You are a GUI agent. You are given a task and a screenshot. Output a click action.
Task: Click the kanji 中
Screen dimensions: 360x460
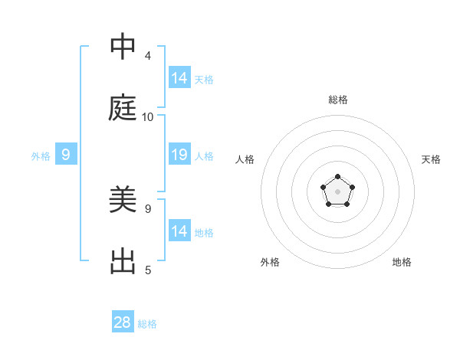123,48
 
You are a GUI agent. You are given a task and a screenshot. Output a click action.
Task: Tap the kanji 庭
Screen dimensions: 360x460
123,110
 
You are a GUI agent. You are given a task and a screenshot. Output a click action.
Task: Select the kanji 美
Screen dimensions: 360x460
123,201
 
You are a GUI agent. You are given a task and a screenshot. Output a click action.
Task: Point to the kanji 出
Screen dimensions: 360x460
123,262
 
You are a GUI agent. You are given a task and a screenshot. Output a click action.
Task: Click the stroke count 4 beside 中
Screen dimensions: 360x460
148,56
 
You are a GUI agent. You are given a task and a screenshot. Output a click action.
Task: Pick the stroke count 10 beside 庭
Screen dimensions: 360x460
148,117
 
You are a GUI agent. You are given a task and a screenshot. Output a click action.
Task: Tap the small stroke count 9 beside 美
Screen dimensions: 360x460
148,208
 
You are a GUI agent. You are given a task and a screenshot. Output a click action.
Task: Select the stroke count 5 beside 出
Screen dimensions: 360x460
148,270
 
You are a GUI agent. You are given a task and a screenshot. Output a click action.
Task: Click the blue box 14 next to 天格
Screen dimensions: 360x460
179,77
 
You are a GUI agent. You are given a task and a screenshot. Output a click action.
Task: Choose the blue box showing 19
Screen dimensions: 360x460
179,155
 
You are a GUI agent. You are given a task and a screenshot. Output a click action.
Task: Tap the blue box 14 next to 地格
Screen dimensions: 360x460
179,231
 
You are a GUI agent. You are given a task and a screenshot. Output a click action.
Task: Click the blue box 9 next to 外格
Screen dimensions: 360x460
66,155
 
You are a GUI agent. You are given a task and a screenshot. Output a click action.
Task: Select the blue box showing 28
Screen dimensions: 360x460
123,322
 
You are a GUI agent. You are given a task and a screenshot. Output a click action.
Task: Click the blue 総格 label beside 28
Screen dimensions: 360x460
147,324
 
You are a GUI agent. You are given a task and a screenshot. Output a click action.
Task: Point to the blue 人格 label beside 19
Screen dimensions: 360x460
204,156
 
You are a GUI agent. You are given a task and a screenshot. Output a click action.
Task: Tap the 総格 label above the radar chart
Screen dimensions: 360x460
338,100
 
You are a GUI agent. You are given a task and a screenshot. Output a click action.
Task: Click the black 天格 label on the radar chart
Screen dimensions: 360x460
431,159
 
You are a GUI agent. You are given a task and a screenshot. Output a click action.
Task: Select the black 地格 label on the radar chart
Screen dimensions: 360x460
402,262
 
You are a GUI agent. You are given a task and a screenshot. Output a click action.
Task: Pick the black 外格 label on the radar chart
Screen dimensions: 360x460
270,262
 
